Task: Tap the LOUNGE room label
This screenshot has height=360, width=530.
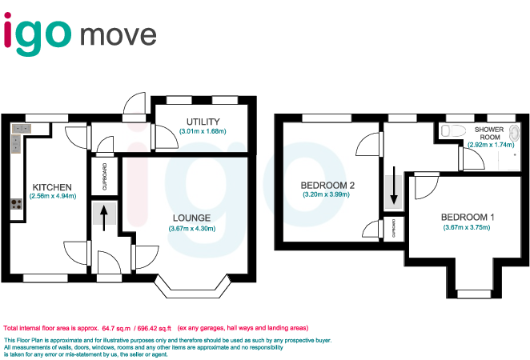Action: (x=190, y=218)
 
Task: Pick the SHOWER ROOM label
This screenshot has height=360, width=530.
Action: (x=489, y=134)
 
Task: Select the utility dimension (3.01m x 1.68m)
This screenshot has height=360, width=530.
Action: (x=203, y=130)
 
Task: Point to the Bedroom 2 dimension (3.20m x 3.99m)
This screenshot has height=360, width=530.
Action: (x=327, y=194)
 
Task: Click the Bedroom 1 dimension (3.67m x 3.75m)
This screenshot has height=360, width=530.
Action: (x=466, y=228)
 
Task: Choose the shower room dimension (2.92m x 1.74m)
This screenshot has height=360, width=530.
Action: (x=490, y=145)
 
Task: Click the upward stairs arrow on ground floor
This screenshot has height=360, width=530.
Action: (x=104, y=217)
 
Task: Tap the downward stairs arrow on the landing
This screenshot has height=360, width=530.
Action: (x=393, y=191)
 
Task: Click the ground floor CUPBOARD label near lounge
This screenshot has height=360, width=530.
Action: (x=105, y=176)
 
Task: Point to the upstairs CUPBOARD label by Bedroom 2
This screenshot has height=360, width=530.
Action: (x=394, y=229)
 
